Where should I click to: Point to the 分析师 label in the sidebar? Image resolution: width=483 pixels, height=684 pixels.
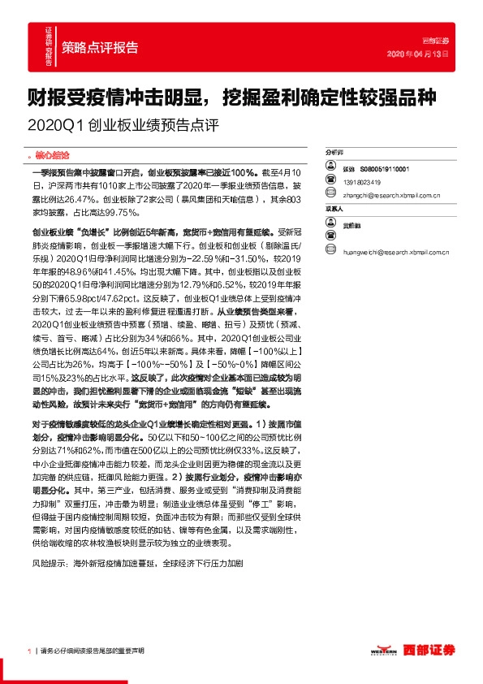(334, 152)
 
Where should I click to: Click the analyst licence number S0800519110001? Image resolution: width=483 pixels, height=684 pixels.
(386, 167)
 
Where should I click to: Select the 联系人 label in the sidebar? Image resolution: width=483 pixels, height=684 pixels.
(334, 209)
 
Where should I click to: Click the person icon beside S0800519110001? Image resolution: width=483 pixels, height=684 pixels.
(330, 167)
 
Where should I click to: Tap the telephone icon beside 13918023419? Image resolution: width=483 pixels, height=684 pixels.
(330, 181)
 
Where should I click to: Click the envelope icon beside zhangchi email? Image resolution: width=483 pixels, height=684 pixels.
(330, 195)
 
